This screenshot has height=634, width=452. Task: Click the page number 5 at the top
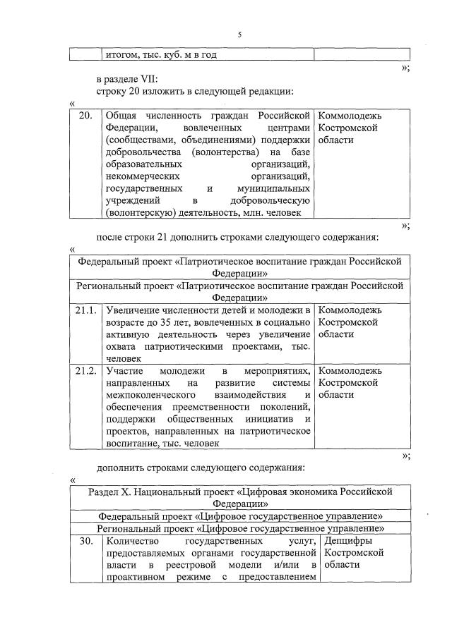point(239,34)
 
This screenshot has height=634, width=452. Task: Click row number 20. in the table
point(85,116)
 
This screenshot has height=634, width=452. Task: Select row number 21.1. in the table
point(85,310)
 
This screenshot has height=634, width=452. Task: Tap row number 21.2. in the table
point(85,371)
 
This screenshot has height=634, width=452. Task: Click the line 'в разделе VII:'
point(128,79)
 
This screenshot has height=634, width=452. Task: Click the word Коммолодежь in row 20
point(350,116)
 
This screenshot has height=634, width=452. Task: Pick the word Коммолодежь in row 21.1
point(350,310)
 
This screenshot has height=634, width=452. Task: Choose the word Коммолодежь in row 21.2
point(350,371)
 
